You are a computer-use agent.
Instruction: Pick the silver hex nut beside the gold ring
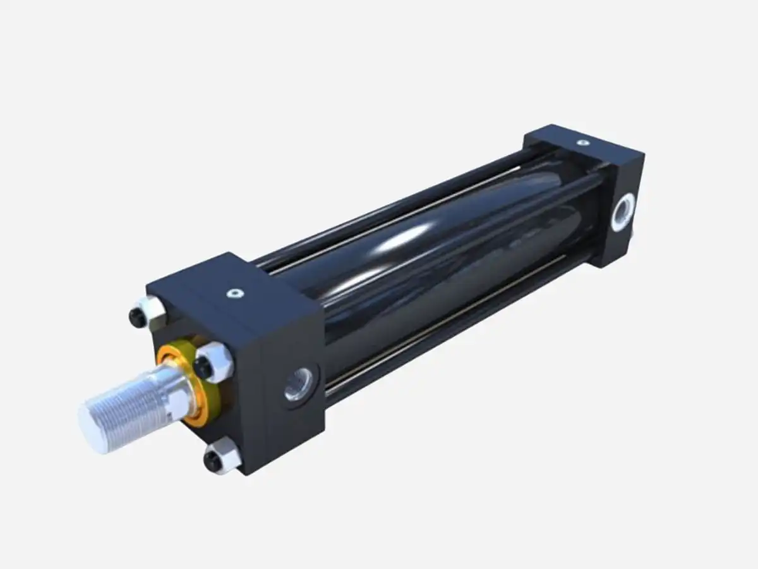(x=215, y=362)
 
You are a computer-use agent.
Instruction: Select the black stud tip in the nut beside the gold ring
(x=203, y=366)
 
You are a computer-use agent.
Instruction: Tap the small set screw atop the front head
(x=235, y=293)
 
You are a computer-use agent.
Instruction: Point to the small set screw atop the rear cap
(x=582, y=144)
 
